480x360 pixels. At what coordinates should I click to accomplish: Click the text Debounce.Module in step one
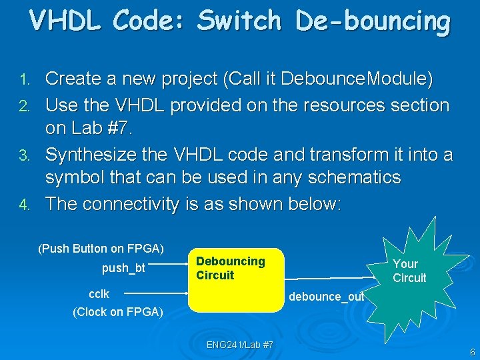pos(357,79)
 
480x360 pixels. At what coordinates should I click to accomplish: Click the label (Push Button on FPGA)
pos(101,249)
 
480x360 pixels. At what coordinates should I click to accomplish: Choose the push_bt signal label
pos(124,269)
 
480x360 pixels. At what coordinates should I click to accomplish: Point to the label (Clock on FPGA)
pos(118,311)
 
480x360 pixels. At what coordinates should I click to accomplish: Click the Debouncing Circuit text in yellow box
pos(230,268)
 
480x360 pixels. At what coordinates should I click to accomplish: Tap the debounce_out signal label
pos(326,297)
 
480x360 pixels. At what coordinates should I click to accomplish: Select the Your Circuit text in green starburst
pos(409,271)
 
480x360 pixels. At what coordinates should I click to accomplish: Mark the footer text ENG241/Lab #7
pos(239,345)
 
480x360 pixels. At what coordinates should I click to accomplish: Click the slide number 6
pos(472,352)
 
